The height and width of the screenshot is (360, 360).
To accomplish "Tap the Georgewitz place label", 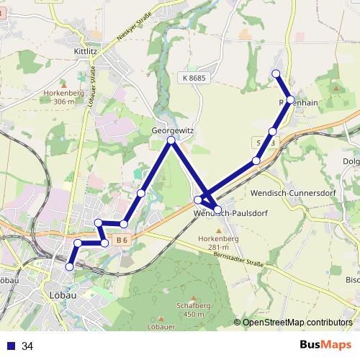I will (173, 130).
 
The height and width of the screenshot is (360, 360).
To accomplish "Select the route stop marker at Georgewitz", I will (171, 140).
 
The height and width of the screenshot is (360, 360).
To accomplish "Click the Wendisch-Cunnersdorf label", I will (287, 193).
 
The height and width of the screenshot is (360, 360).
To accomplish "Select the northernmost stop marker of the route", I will (276, 73).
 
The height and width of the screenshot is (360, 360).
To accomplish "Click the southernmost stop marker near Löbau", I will (70, 266).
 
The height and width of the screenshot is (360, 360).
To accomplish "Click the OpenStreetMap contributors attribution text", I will (297, 323).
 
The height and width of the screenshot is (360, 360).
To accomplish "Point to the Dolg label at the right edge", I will (351, 161).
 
